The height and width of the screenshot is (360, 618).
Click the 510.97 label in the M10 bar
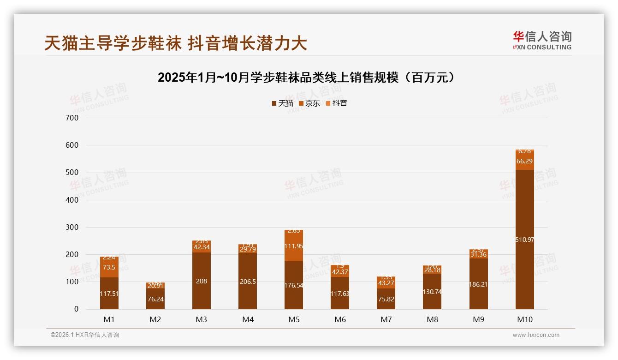click(525, 240)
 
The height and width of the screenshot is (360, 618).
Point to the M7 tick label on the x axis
click(386, 319)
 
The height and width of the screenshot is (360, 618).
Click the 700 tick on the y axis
click(73, 118)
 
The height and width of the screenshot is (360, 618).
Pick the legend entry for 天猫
click(283, 103)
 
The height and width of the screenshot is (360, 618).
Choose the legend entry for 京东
click(309, 103)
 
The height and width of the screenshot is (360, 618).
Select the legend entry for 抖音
click(337, 103)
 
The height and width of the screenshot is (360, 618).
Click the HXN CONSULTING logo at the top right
click(542, 40)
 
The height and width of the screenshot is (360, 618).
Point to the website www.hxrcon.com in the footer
click(536, 335)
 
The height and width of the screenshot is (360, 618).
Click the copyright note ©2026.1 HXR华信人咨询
click(85, 335)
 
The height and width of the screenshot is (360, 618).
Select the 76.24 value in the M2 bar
click(155, 299)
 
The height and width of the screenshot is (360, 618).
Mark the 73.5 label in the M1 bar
click(109, 268)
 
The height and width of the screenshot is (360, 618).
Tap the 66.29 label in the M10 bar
click(525, 161)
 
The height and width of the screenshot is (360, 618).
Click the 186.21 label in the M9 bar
click(479, 285)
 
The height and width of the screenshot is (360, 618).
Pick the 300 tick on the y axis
click(73, 227)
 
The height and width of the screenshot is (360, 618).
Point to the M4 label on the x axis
click(248, 319)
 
